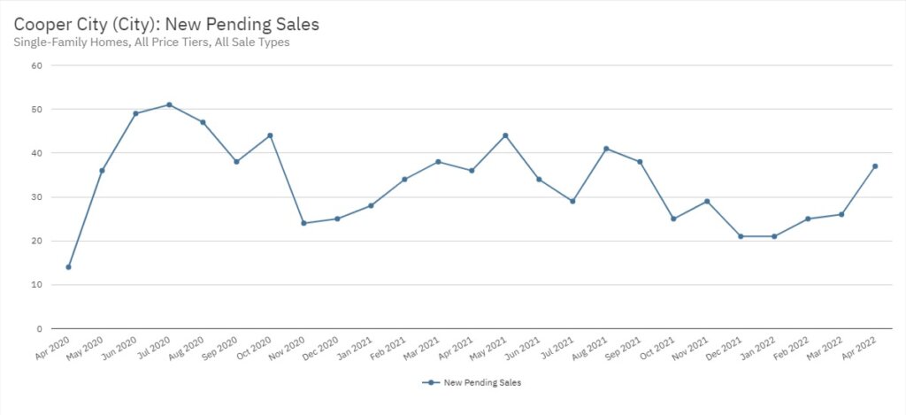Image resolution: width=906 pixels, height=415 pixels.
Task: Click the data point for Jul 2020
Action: [169, 104]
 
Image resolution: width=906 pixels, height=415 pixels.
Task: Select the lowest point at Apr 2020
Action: [68, 266]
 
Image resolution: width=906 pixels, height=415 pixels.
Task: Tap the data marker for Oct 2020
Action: [270, 135]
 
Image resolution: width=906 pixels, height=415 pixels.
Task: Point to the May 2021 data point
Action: [505, 135]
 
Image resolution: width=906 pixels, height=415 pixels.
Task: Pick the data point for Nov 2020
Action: [303, 223]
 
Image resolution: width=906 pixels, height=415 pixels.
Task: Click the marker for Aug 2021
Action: [606, 149]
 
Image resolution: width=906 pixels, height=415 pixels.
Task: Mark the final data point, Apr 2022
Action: [875, 165]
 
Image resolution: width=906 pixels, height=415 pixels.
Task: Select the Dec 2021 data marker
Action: [741, 236]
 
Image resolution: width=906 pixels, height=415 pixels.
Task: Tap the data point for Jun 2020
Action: [135, 113]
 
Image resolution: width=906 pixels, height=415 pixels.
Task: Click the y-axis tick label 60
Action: [36, 65]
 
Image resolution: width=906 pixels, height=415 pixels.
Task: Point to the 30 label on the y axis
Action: [36, 197]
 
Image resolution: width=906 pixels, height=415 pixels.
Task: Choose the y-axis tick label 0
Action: [39, 329]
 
